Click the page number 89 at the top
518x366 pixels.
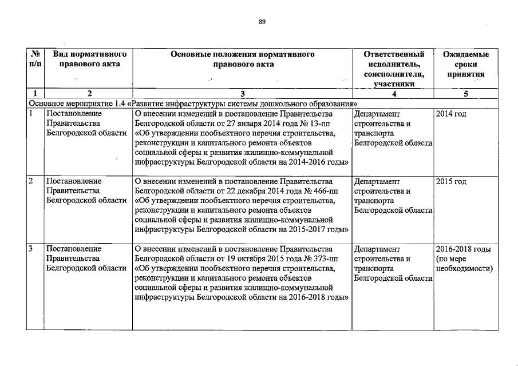(262, 21)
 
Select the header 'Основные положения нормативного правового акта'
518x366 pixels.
(243, 59)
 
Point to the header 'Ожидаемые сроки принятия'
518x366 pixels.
(466, 64)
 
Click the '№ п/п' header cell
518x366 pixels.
(35, 59)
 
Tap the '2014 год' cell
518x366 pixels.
(451, 114)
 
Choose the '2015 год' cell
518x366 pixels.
(451, 182)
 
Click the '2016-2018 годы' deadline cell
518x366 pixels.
(464, 249)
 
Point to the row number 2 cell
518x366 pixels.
(31, 182)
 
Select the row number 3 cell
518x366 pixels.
(31, 249)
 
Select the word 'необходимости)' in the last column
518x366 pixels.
(465, 269)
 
